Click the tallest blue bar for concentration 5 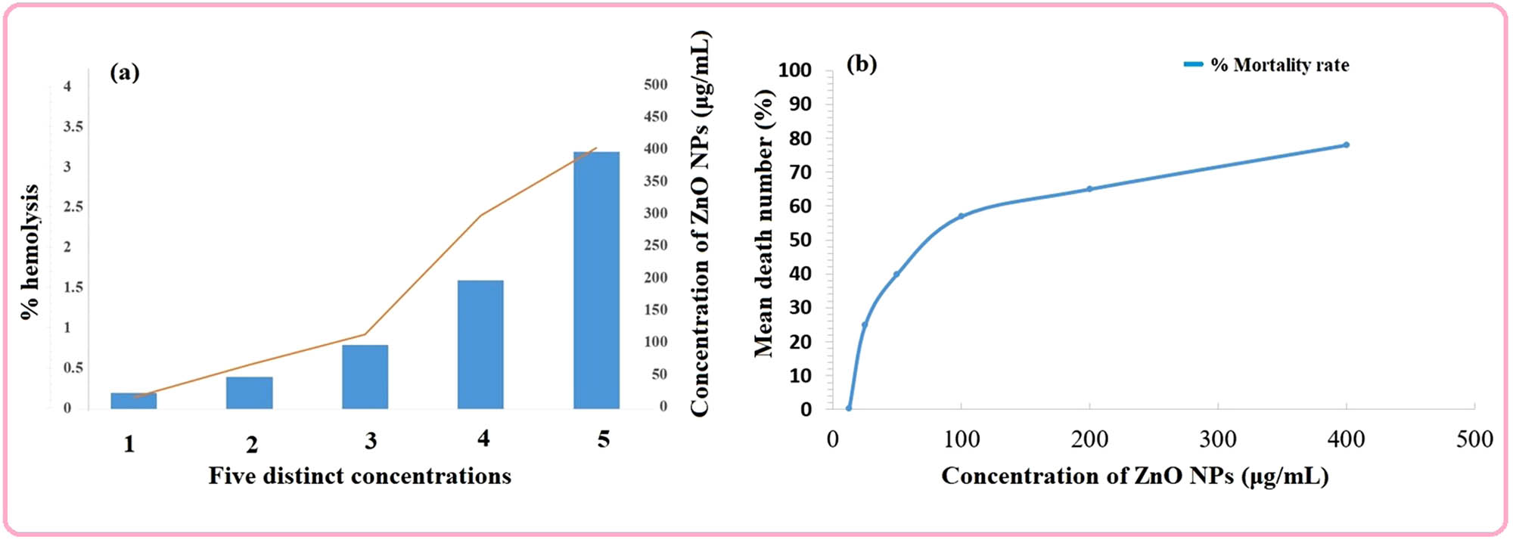[x=596, y=280]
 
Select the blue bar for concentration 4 [x=480, y=344]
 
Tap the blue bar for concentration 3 [x=365, y=377]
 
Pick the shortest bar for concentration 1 [x=134, y=401]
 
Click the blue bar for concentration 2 [x=250, y=393]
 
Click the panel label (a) [x=125, y=73]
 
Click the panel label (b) [x=862, y=64]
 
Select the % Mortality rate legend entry [x=1267, y=65]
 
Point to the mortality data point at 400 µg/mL [x=1346, y=144]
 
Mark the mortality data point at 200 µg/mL [x=1089, y=189]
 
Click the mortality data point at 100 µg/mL [x=961, y=216]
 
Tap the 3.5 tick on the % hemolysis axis [x=73, y=126]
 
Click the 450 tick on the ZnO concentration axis [x=655, y=116]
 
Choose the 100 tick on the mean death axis [x=794, y=70]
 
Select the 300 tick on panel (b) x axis [x=1218, y=439]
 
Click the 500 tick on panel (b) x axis [x=1474, y=439]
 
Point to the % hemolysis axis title [x=30, y=251]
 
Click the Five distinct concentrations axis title [x=360, y=476]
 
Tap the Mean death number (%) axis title [x=764, y=223]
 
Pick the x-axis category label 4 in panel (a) [x=483, y=438]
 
